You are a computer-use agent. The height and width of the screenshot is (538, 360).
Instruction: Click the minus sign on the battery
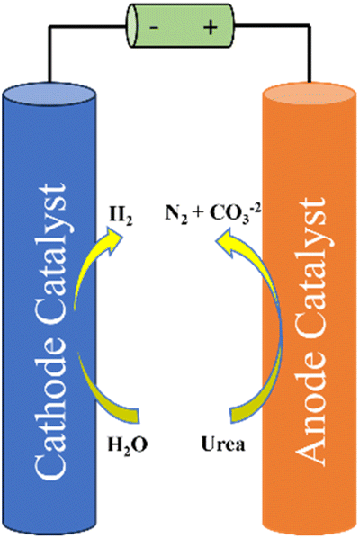click(x=154, y=27)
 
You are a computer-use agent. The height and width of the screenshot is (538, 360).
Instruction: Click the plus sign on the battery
click(x=211, y=28)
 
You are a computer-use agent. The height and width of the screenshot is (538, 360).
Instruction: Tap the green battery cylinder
click(x=181, y=26)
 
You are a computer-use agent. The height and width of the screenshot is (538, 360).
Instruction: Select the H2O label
click(x=128, y=445)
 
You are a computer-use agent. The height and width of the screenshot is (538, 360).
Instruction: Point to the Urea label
click(x=223, y=444)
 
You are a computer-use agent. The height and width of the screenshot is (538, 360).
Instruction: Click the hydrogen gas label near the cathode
click(x=121, y=217)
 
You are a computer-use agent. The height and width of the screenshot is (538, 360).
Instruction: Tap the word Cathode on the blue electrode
click(x=50, y=406)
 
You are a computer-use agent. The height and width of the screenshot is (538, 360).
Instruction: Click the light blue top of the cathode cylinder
click(x=49, y=93)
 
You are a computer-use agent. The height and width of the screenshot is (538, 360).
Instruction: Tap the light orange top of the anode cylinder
click(x=309, y=94)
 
